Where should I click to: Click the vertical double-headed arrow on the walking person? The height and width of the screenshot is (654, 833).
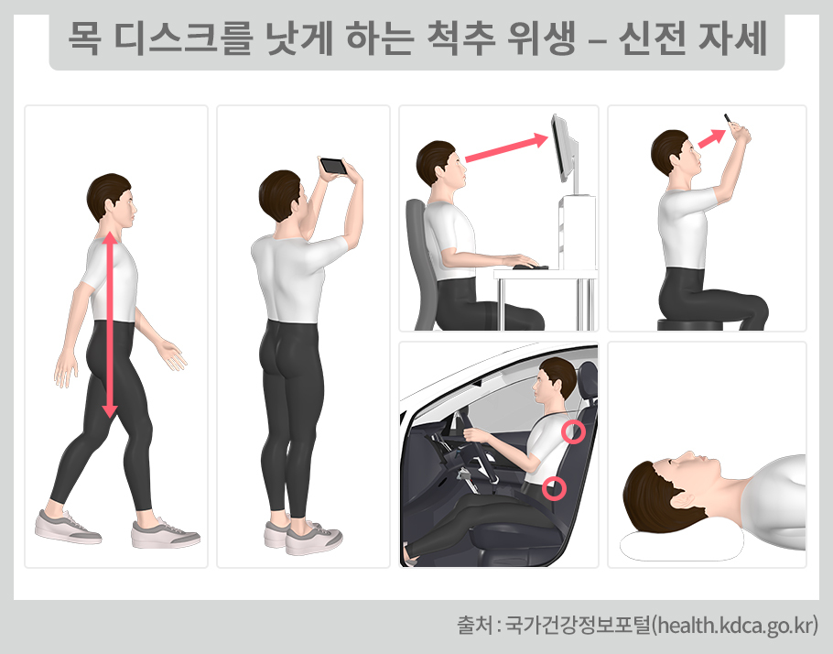coord(110,325)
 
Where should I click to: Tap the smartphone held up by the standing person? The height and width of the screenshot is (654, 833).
coord(332,166)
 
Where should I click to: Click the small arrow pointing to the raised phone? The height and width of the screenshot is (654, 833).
coord(710,138)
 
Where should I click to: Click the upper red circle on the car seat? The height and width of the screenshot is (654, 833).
coord(573,431)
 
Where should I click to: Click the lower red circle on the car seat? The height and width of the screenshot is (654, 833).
coord(552,488)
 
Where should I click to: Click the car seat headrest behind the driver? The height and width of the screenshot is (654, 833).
coord(587,381)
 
